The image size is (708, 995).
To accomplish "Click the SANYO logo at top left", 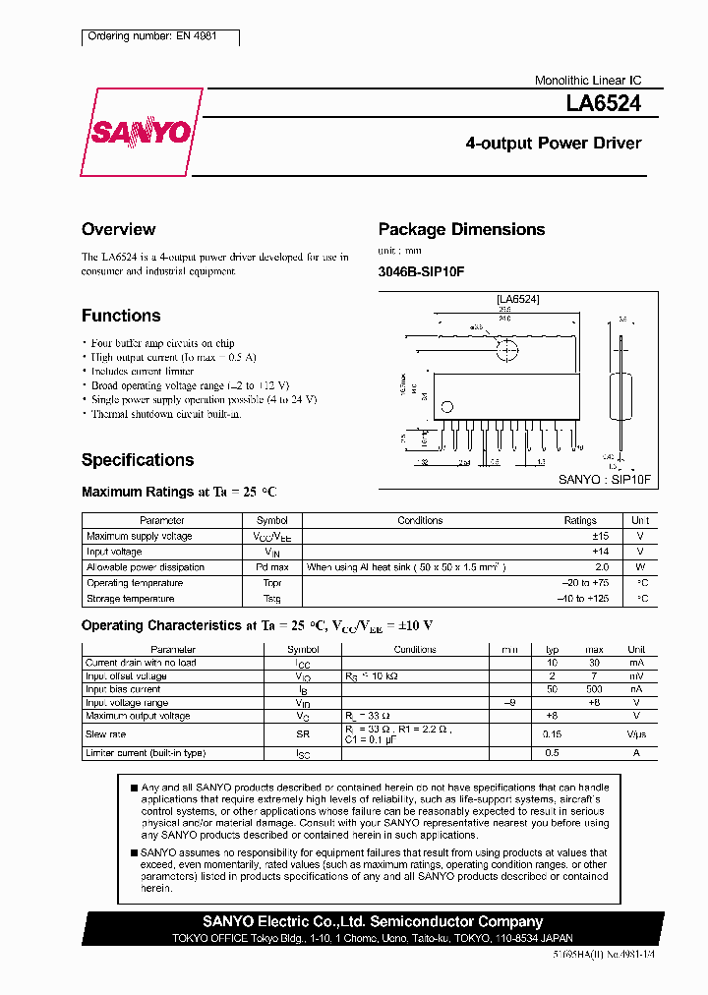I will (142, 132).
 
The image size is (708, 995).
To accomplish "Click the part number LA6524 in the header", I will (604, 101).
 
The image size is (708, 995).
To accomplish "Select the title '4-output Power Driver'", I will (553, 144).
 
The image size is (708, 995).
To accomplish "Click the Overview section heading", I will (118, 229).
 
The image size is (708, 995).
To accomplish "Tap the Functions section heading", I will (121, 316).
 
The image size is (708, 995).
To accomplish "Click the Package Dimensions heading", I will (461, 229).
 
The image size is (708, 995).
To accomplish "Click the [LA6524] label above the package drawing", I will (517, 298).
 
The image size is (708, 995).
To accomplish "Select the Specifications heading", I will (138, 460).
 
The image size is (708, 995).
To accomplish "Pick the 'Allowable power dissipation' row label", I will (146, 567).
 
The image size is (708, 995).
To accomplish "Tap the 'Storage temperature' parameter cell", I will (130, 599).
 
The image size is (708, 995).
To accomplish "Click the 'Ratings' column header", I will (580, 520).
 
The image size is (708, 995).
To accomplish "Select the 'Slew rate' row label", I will (105, 734).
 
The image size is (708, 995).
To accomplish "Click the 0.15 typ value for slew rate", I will (552, 734).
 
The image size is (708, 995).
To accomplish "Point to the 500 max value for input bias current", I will (594, 689).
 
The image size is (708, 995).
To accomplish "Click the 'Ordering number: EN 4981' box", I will (158, 37).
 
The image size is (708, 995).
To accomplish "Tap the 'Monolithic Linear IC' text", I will (588, 81).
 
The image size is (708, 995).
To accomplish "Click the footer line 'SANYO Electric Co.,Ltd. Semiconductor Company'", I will (373, 921).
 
